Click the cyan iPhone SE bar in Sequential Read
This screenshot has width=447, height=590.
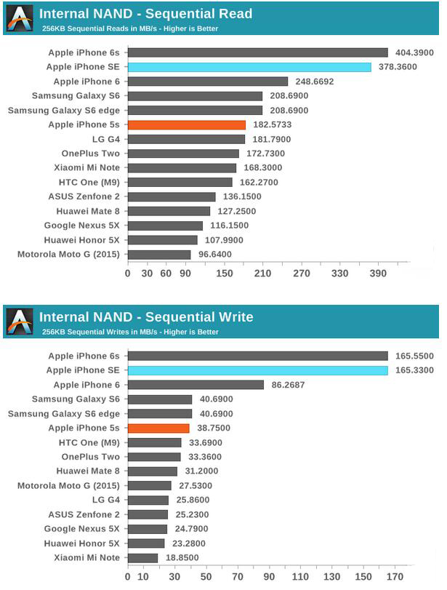tap(249, 67)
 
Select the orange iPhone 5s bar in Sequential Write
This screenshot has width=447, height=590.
tap(158, 428)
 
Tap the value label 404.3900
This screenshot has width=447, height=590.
tap(414, 52)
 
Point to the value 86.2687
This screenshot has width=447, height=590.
tap(289, 384)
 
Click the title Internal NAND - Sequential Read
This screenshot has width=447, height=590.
tap(145, 14)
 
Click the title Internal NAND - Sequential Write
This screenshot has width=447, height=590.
tap(146, 316)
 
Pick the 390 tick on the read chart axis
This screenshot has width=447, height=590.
tap(379, 274)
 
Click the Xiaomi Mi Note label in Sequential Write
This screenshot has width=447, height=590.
tap(86, 557)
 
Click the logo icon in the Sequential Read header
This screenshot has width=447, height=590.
tap(20, 18)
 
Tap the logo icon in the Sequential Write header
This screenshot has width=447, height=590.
tap(20, 321)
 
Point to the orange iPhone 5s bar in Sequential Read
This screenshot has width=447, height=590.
tap(187, 124)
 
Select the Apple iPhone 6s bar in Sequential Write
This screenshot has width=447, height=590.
tap(258, 356)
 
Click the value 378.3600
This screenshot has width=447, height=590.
tap(397, 67)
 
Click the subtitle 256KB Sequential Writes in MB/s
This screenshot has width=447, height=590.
tap(129, 332)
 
